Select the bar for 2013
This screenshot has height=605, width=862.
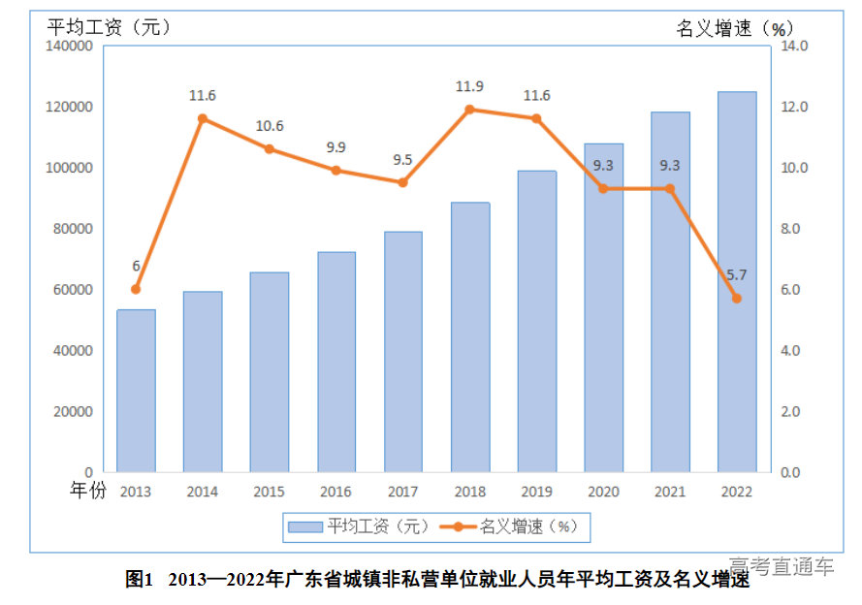(x=136, y=391)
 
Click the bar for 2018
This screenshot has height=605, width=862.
(x=470, y=336)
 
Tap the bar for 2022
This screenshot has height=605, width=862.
(x=737, y=281)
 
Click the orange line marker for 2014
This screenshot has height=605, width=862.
(x=203, y=118)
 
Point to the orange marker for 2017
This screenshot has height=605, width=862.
(x=403, y=182)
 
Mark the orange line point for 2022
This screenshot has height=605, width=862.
(x=737, y=299)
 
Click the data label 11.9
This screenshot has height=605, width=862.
(x=470, y=87)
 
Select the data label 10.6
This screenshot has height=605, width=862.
(x=270, y=126)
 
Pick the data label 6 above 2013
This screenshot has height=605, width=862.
(x=136, y=266)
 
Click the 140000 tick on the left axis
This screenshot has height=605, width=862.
(x=69, y=46)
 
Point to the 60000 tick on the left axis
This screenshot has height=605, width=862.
(x=73, y=290)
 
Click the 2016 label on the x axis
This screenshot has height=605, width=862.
(x=336, y=491)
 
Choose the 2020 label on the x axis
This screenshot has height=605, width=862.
(x=603, y=491)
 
